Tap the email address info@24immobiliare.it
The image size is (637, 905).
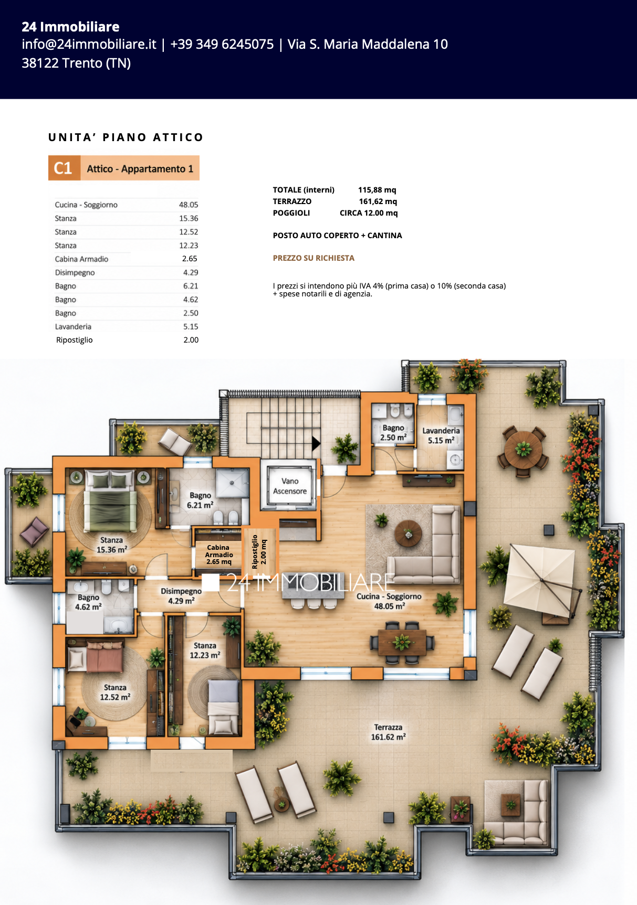89,44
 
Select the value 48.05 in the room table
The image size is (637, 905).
189,205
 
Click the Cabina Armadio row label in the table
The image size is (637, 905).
81,259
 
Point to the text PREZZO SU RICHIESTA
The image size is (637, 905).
314,258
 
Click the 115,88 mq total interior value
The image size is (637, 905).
377,190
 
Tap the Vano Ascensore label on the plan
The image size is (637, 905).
290,486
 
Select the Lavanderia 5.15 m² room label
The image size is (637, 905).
441,435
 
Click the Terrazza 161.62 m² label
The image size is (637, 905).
389,732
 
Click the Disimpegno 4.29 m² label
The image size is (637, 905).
181,596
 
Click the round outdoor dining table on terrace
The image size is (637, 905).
523,449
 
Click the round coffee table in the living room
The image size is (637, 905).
408,533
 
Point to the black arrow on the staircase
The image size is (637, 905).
316,443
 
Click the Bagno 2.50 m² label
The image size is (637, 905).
393,433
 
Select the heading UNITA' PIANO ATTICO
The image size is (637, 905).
126,137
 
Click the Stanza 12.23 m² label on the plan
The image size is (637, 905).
205,651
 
